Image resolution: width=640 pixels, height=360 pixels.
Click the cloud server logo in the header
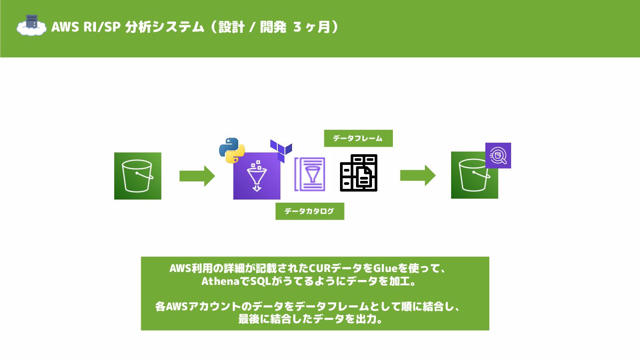[x=31, y=25]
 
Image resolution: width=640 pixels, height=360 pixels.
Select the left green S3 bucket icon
[x=138, y=176]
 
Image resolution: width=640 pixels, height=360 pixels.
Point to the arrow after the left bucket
[x=197, y=176]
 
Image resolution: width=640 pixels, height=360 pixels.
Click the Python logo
[x=232, y=150]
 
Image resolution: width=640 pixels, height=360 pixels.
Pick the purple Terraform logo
[x=281, y=150]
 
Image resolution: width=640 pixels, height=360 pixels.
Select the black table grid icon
[x=359, y=173]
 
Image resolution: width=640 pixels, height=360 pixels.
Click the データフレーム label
[x=358, y=138]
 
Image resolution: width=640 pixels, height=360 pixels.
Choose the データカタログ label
[x=310, y=211]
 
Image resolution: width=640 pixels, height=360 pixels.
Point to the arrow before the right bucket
[x=417, y=176]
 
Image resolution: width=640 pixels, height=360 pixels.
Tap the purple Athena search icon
[x=498, y=156]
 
